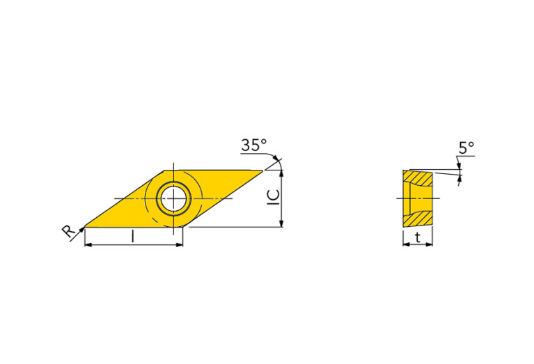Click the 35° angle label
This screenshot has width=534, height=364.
click(253, 145)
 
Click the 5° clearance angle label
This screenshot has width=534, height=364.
click(466, 148)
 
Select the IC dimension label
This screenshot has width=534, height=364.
click(273, 198)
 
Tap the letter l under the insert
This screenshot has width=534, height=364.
click(133, 237)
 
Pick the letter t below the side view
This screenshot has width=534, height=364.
click(417, 237)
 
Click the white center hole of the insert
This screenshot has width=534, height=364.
click(173, 199)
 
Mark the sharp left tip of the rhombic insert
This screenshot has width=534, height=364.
click(84, 227)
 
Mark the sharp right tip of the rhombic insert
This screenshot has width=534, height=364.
click(262, 171)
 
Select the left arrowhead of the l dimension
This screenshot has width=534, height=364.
click(88, 245)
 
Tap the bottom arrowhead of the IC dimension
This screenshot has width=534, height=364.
click(281, 223)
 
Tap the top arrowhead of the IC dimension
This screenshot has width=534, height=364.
click(281, 175)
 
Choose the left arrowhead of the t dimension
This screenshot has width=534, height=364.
click(406, 245)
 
